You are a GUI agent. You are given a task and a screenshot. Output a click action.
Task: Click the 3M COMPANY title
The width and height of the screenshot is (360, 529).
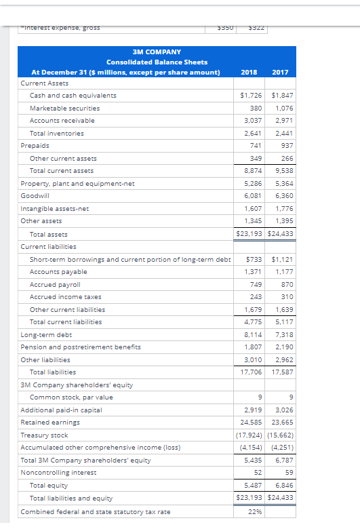(157, 52)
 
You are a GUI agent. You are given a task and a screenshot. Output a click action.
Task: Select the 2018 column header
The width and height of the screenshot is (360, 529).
(249, 72)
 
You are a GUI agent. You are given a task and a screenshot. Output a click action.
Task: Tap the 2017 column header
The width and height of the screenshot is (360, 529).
(280, 72)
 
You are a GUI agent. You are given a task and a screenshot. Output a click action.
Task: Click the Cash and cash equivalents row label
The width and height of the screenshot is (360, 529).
(73, 96)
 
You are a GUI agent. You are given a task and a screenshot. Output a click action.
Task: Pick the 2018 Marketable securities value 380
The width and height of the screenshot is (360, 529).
(256, 108)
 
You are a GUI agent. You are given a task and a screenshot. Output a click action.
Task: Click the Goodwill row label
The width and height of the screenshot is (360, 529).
(35, 196)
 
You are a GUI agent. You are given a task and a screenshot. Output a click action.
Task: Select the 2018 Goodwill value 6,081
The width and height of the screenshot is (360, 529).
(252, 196)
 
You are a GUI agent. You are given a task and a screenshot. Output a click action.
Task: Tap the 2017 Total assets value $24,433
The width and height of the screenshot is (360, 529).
(281, 234)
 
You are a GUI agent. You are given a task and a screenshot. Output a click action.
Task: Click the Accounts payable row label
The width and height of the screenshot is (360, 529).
(58, 272)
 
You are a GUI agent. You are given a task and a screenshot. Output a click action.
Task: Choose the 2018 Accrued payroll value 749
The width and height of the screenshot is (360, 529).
(256, 284)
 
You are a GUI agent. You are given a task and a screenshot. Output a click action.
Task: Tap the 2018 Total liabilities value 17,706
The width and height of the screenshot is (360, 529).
(250, 372)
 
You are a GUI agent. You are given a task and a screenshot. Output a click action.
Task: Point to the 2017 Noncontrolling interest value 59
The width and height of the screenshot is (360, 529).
(288, 473)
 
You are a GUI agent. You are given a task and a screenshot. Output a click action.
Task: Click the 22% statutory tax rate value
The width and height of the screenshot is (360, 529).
(254, 511)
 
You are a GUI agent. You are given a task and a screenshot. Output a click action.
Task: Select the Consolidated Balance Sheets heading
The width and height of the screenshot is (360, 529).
(157, 62)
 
